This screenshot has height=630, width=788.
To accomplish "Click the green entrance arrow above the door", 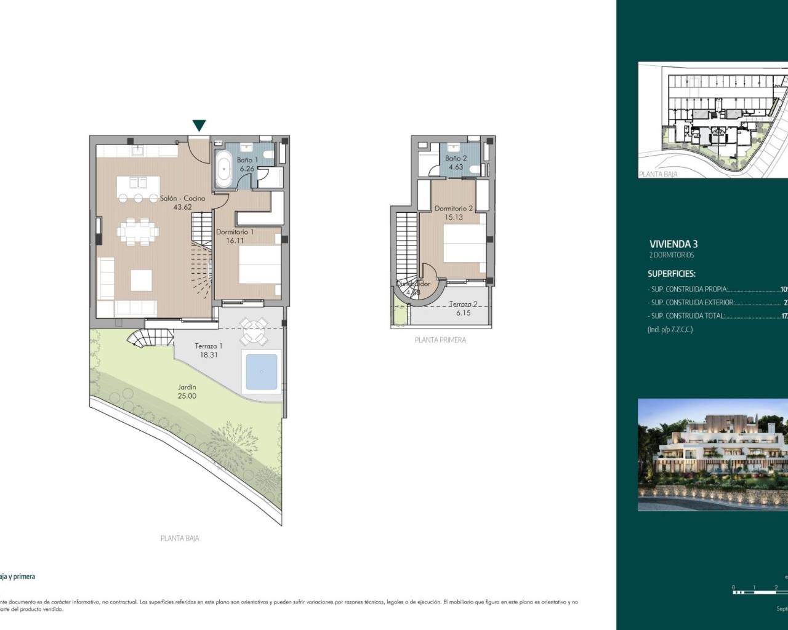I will coord(199,126).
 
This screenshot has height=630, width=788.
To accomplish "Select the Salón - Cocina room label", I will coord(182,199).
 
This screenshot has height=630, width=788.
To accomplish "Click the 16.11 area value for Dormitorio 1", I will coord(235,241).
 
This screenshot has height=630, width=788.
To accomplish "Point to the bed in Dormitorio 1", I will coord(258,265).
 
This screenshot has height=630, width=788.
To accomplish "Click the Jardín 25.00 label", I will coord(187,391).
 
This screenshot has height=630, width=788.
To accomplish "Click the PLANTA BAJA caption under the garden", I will coord(180,538).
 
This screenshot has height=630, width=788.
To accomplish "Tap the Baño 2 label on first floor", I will coord(456,159).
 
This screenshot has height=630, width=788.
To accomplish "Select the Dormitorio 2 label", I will coord(453,209).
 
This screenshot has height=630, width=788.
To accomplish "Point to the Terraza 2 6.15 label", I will coord(463,308).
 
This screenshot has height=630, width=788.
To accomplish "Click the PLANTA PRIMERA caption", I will coord(440,340).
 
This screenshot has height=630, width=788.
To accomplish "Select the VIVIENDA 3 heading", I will coord(673,244).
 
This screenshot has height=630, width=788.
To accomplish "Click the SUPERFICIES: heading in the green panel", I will coord(671,274).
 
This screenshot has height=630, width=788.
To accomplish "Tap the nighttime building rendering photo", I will coord(713,454).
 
